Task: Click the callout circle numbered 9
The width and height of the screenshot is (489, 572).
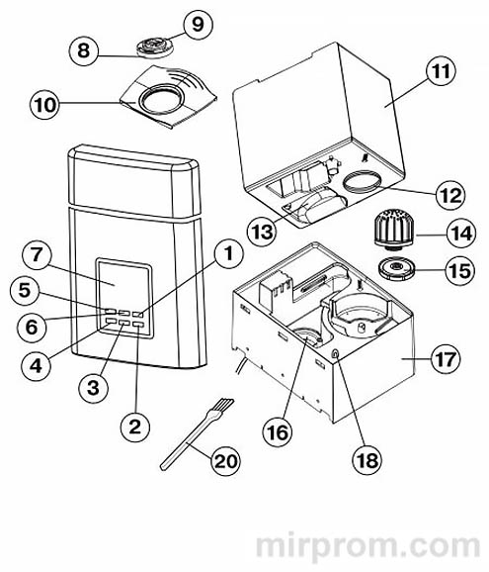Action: (x=198, y=25)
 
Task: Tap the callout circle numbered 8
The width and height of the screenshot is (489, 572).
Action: (x=84, y=50)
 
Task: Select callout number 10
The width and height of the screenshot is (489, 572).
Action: (x=44, y=105)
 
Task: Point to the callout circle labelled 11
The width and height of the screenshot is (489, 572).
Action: (x=441, y=71)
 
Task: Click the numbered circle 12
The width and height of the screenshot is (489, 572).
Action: (x=450, y=195)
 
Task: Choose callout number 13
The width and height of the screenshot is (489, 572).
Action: (x=262, y=232)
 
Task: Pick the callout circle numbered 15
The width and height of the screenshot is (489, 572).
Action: (x=460, y=271)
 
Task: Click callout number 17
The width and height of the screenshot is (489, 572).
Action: (x=446, y=359)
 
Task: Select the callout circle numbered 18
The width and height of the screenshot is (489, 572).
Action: (x=367, y=460)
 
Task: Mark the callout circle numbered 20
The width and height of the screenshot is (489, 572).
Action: (x=226, y=461)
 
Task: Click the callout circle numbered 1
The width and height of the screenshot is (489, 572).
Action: (x=228, y=254)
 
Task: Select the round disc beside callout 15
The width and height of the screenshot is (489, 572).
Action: (x=395, y=269)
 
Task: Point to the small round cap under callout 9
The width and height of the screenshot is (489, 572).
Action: (x=155, y=48)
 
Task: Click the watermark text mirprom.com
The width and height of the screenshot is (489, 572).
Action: (x=367, y=547)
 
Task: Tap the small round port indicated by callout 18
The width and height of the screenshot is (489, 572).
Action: (x=335, y=353)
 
